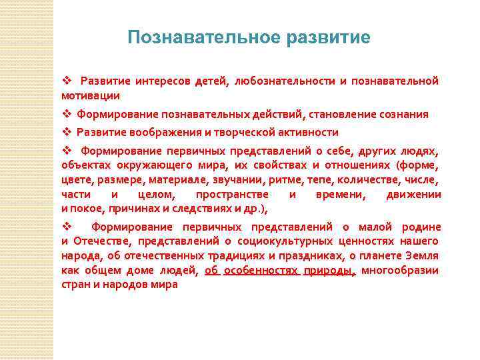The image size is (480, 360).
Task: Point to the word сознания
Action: (x=400, y=114)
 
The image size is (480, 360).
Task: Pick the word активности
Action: (x=308, y=132)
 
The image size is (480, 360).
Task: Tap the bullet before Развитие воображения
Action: (x=66, y=132)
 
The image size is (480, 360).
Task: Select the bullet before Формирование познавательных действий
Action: (x=66, y=114)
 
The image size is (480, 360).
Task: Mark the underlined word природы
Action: (x=327, y=270)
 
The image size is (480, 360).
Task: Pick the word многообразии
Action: (x=400, y=270)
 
